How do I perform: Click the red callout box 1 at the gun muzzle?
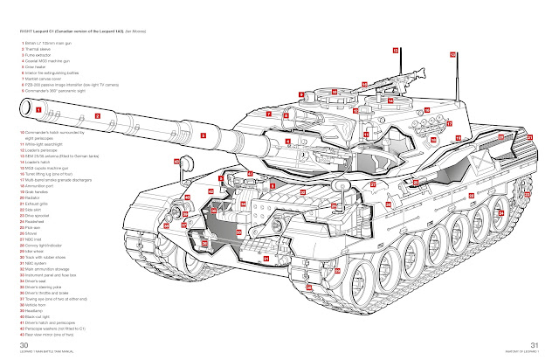pos(38,109)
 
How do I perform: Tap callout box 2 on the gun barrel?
pos(99,114)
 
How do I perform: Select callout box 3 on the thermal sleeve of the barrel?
pos(203,136)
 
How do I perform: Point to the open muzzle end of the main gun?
pos(25,108)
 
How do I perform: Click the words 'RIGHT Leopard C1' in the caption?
pos(33,31)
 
